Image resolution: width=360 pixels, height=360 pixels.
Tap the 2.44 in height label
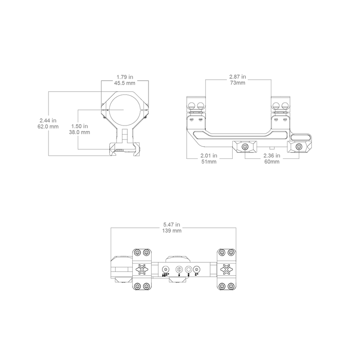pos(49,120)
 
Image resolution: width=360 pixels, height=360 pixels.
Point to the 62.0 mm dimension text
pos(49,126)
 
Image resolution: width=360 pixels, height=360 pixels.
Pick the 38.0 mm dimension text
pos(80,133)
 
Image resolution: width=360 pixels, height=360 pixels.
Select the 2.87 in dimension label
pos(238,77)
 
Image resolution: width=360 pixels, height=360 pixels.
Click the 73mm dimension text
pos(238,83)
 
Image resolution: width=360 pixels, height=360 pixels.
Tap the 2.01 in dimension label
pos(209,155)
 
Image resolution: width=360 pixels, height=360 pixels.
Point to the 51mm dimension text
pos(209,162)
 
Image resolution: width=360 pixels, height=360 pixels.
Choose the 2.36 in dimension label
pos(271,155)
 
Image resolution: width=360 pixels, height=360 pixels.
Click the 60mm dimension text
pos(271,162)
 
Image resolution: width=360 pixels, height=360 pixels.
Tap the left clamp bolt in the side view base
pos(244,147)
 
